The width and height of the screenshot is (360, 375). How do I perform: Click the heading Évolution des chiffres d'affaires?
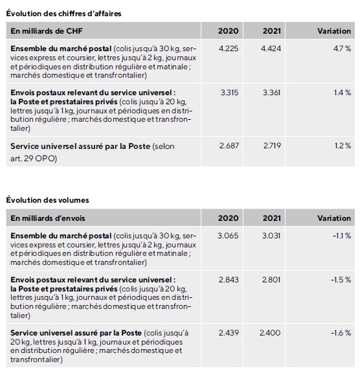(63, 14)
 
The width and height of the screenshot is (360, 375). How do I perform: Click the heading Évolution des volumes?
(47, 200)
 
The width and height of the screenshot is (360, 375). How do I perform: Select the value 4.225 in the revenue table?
(229, 49)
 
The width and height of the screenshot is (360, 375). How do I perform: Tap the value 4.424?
(271, 49)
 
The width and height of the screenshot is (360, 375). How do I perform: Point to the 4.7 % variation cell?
(342, 49)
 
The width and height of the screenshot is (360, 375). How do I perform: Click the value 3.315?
(229, 93)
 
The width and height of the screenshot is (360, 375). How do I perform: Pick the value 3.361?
(272, 93)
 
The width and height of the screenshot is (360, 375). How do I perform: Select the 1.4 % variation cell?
(343, 93)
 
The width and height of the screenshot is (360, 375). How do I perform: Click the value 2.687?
(229, 146)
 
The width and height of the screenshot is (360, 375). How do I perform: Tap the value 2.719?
(273, 146)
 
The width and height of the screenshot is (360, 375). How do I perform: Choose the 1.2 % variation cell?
(343, 146)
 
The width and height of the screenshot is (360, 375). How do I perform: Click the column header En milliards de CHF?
(47, 31)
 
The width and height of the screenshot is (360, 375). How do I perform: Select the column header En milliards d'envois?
(48, 218)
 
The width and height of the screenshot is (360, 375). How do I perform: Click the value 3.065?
(228, 236)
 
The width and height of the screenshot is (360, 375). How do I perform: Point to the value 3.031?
(271, 236)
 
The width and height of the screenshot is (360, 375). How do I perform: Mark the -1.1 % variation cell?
(342, 236)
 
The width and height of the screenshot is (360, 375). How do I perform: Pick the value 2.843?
(229, 280)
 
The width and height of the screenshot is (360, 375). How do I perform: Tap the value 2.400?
(270, 333)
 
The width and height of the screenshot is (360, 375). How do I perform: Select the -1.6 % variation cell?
(341, 333)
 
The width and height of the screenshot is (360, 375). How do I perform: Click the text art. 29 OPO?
(33, 158)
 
